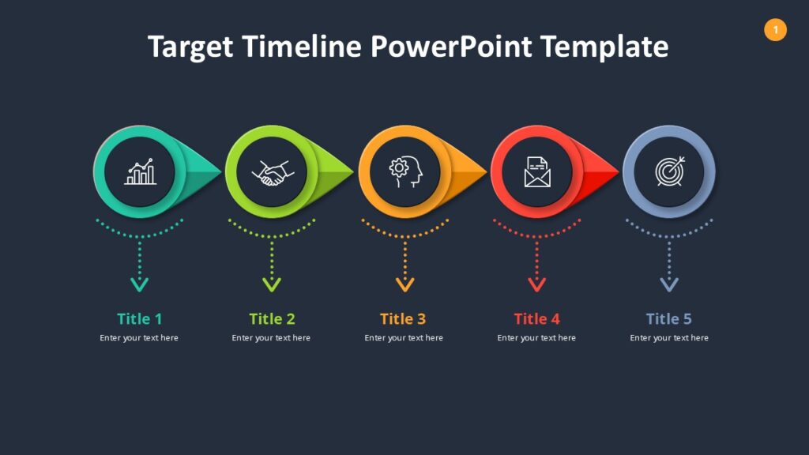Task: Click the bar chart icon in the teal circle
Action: (x=140, y=172)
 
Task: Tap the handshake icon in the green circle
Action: (x=272, y=172)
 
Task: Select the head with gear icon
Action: (x=405, y=171)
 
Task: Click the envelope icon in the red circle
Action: (x=537, y=171)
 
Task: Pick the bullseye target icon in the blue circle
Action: (x=670, y=171)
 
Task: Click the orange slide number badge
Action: (x=775, y=30)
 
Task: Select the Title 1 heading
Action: (x=139, y=319)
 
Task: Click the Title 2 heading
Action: (x=272, y=319)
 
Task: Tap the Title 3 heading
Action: (x=403, y=319)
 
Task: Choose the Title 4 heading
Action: (x=536, y=319)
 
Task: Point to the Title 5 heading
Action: (x=668, y=319)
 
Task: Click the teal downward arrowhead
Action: (x=140, y=284)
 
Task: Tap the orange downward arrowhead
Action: (x=405, y=284)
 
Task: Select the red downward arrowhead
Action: (x=537, y=284)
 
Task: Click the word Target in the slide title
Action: (x=190, y=47)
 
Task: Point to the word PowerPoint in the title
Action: (x=451, y=47)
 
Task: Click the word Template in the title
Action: (x=604, y=47)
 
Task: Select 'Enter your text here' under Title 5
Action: (x=668, y=338)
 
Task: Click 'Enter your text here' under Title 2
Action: (x=271, y=338)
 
